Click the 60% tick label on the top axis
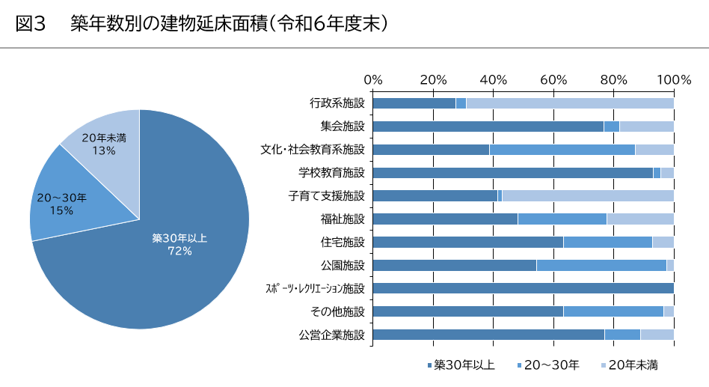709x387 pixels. click(553, 80)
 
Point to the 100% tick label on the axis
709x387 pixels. click(675, 80)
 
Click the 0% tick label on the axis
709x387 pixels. click(372, 80)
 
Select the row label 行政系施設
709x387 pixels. click(337, 103)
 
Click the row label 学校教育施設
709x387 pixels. click(332, 173)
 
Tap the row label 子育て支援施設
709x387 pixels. click(327, 196)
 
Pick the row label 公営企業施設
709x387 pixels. click(332, 335)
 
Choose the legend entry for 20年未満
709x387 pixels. click(629, 365)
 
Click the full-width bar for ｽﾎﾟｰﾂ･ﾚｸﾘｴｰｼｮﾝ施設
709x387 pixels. click(523, 288)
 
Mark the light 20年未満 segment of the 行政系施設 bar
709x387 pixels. click(568, 103)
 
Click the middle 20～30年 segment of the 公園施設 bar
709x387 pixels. click(601, 265)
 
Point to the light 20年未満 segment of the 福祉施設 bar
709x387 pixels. click(640, 219)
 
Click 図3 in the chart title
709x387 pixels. click(31, 25)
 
